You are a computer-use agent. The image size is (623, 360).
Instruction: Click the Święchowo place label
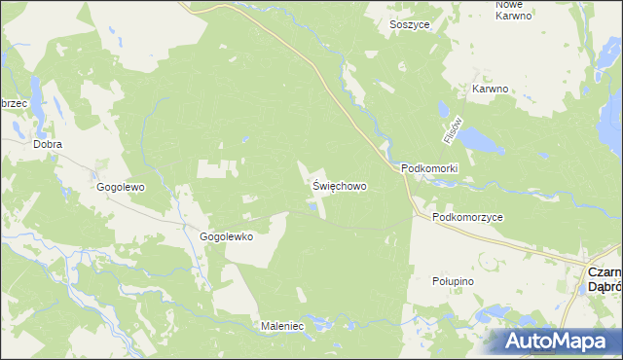coord(340,184)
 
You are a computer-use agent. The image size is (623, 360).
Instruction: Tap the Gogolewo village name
coord(120,186)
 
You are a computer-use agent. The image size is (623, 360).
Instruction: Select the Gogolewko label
coord(227,236)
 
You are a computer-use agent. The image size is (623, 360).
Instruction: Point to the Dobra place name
coord(48,144)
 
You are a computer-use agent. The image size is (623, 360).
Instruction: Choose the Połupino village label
coord(452,280)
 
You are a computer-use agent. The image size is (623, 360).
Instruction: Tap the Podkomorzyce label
coord(468,218)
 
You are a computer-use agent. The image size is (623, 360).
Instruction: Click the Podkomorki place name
coord(429,168)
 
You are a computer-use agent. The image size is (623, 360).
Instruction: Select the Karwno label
coord(491,89)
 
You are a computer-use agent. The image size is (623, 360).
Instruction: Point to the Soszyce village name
coord(410,23)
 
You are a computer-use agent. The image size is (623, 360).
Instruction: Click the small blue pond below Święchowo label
coord(312,205)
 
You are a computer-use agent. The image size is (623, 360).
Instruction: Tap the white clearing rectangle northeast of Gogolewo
coord(216,167)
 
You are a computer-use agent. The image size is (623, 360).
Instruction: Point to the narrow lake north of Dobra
coord(35,93)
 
